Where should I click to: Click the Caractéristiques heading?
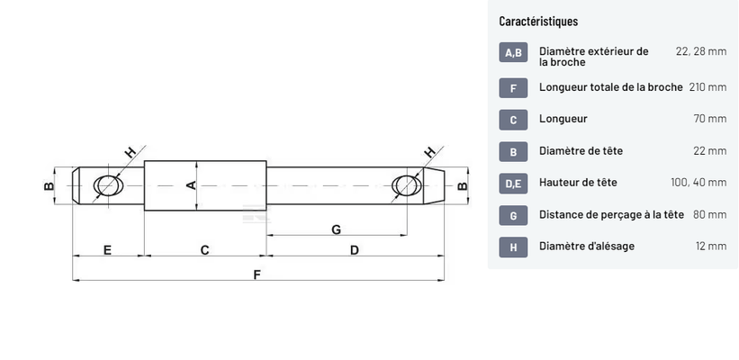click(538, 21)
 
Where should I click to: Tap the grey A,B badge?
click(513, 52)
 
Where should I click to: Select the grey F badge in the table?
click(513, 87)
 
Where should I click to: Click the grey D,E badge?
click(513, 183)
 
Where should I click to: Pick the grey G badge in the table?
click(513, 215)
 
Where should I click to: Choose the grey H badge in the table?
click(513, 247)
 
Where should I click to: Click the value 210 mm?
click(707, 87)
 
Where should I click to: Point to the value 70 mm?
click(710, 119)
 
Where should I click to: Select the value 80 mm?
click(710, 214)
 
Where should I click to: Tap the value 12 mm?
click(710, 246)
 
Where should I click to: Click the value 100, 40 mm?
click(698, 182)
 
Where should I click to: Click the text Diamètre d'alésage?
click(587, 246)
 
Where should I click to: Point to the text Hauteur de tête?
click(578, 182)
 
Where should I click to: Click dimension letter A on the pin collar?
click(190, 184)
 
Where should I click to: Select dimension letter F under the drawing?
click(257, 274)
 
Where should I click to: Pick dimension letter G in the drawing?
click(336, 229)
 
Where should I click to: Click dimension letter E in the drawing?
click(107, 249)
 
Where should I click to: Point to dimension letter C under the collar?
click(204, 249)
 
